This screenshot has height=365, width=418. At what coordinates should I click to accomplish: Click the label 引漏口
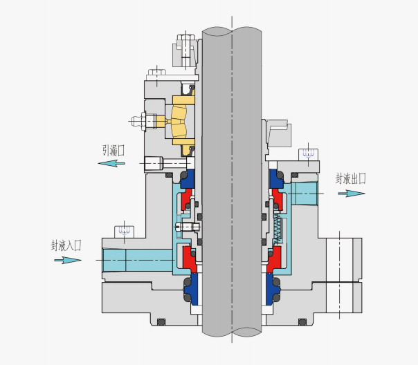[113, 150]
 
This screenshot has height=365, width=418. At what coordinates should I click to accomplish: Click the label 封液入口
[66, 245]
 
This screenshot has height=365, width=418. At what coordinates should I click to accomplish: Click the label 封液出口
[351, 178]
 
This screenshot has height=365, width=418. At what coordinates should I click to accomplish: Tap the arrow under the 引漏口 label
[111, 163]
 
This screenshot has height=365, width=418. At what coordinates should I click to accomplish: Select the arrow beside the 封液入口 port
[68, 260]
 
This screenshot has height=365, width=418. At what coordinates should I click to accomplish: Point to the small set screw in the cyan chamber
[188, 227]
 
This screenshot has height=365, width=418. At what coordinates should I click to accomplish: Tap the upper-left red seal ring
[186, 201]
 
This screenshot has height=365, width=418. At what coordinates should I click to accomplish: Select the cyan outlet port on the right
[305, 193]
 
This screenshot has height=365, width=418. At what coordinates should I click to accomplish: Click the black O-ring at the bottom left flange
[162, 322]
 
